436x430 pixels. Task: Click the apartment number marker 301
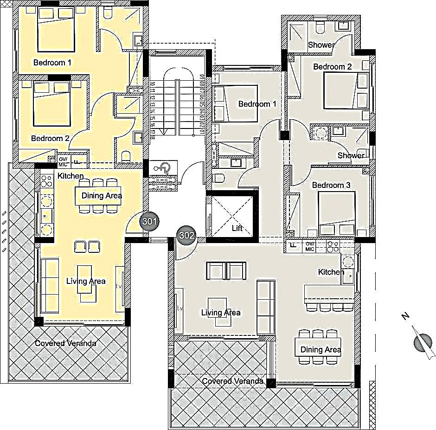(149, 222)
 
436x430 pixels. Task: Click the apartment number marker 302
(186, 235)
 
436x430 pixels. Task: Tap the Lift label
(237, 228)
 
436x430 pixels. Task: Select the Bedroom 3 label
(331, 185)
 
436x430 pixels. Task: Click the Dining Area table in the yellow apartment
(102, 195)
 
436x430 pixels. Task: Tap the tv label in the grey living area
(180, 308)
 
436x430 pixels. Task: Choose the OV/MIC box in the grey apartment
(310, 246)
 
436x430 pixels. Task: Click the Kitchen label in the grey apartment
(331, 271)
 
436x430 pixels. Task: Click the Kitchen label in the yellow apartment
(71, 176)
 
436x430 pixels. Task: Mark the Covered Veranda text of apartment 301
(66, 343)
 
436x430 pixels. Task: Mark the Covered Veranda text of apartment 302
(233, 381)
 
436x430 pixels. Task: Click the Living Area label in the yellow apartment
(86, 281)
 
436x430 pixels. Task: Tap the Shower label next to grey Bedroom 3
(351, 155)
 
